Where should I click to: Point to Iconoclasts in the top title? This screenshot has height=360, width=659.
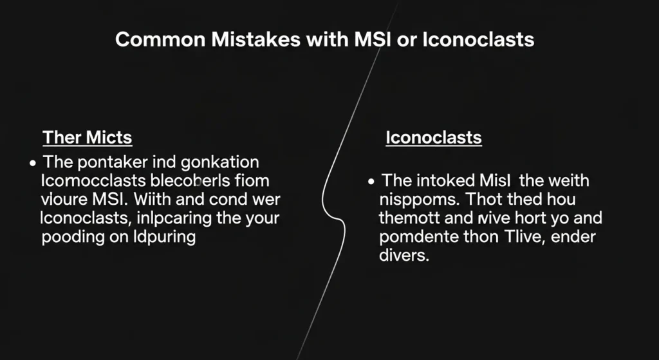coord(478,40)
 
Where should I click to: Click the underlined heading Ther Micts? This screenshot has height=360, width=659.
coord(87,137)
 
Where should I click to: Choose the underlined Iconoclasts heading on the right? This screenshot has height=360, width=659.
coord(434,137)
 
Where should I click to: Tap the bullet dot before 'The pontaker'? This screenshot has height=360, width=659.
coord(33,162)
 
